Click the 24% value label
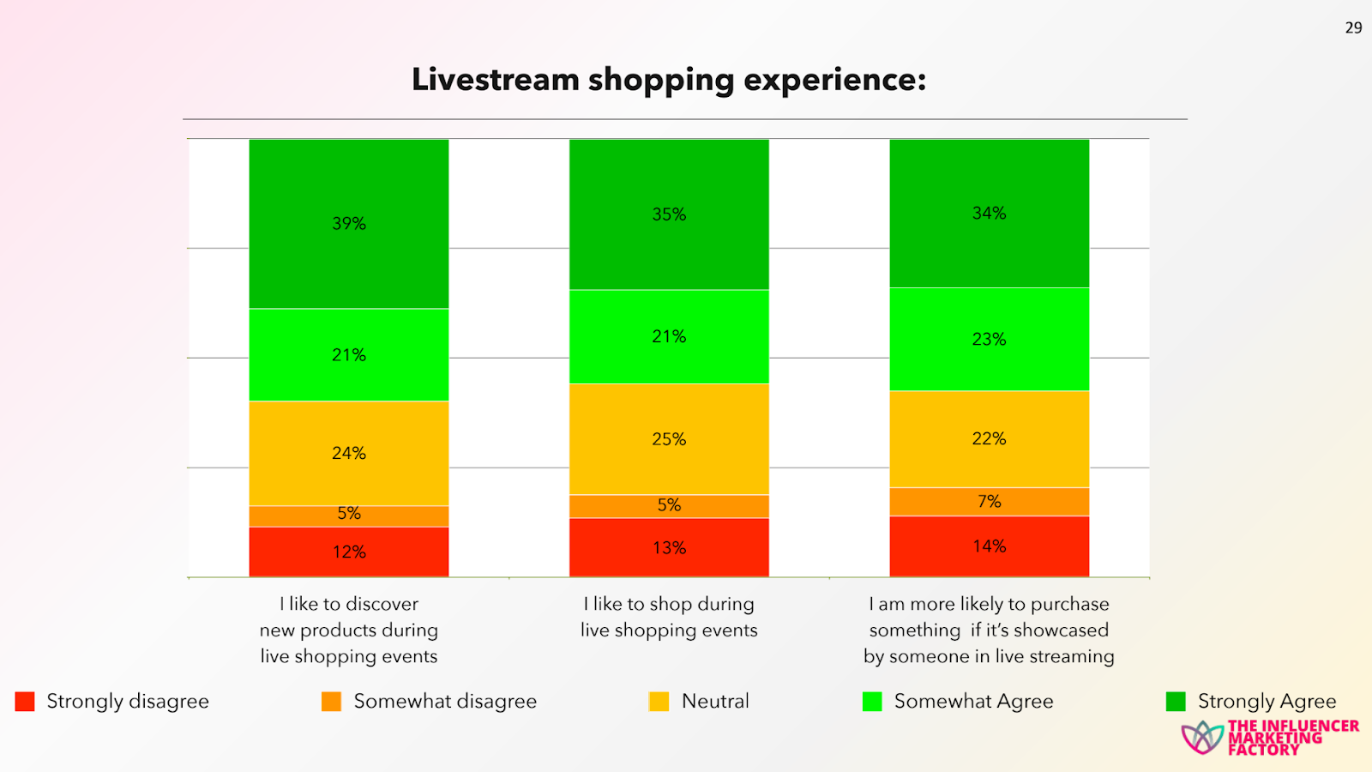pyautogui.click(x=349, y=453)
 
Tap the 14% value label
pyautogui.click(x=989, y=546)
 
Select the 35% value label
pyautogui.click(x=669, y=214)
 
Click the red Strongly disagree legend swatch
pyautogui.click(x=25, y=702)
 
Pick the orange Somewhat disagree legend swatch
pyautogui.click(x=331, y=702)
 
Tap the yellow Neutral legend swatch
pyautogui.click(x=659, y=702)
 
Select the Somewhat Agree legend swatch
pyautogui.click(x=872, y=702)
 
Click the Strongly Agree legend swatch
pyautogui.click(x=1176, y=702)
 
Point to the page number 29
pyautogui.click(x=1353, y=28)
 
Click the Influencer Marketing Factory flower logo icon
pyautogui.click(x=1202, y=738)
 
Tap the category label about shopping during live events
pyautogui.click(x=669, y=617)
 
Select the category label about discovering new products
pyautogui.click(x=349, y=630)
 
